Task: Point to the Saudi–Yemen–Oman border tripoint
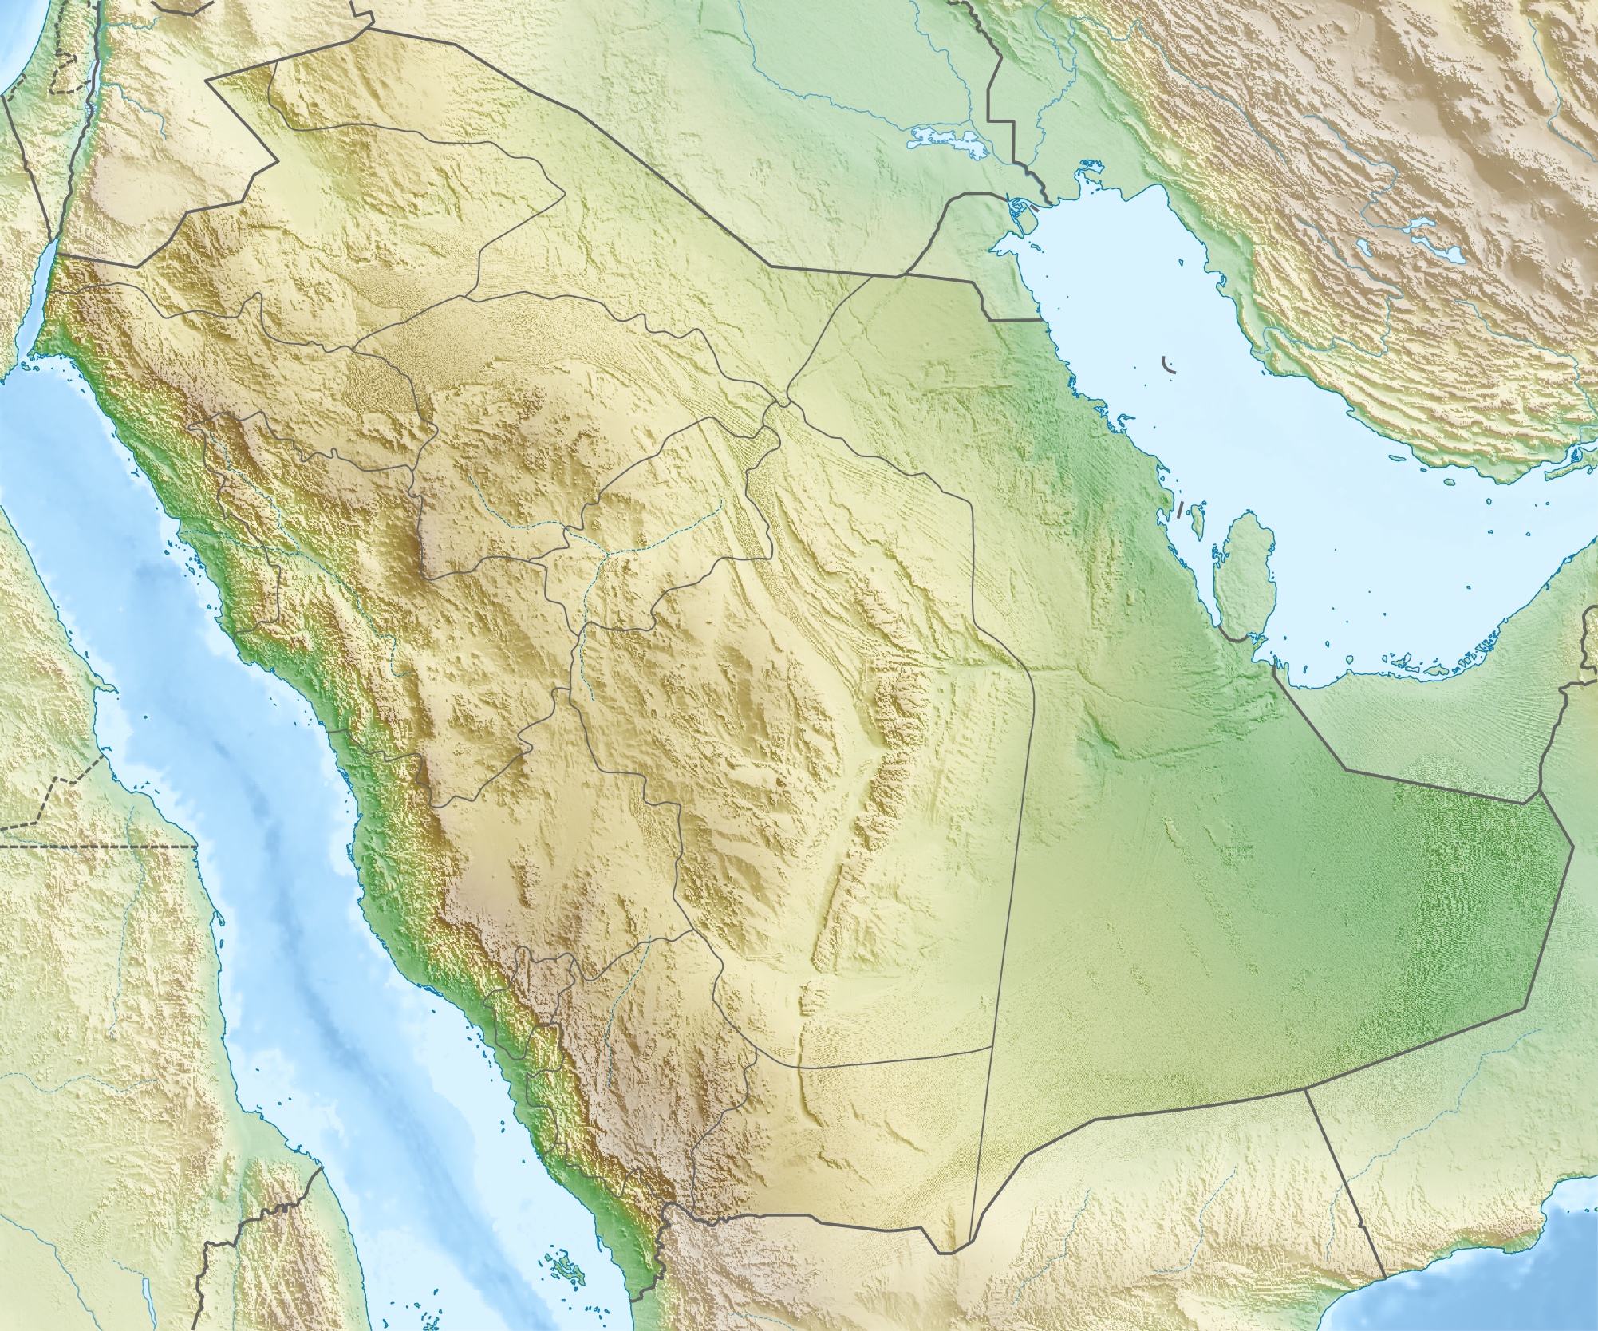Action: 1306,1087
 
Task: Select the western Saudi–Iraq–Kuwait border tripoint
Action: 899,276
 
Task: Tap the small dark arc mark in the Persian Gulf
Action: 1170,366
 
